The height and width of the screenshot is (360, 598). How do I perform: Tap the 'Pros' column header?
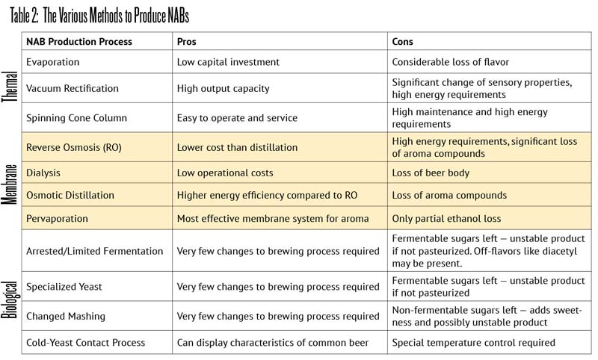click(186, 41)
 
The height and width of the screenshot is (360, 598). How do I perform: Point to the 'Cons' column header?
click(402, 41)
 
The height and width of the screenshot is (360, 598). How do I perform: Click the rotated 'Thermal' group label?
click(10, 89)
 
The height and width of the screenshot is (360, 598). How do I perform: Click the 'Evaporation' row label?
click(52, 62)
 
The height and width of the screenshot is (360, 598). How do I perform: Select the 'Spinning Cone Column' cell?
click(76, 118)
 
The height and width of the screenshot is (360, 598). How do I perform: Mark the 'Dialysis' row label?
click(43, 173)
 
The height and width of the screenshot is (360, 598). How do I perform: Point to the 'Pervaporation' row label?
click(58, 219)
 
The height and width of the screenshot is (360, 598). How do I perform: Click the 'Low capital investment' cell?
click(228, 62)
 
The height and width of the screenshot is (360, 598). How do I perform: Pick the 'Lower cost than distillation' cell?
click(237, 147)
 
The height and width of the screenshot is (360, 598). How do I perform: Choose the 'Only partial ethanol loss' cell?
click(450, 219)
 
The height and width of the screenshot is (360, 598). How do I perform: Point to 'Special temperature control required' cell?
click(473, 343)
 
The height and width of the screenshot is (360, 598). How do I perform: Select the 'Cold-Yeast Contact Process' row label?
click(85, 343)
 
